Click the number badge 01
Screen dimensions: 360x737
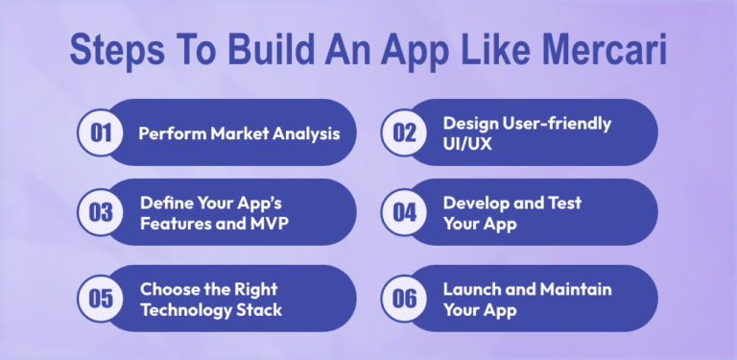coord(101,132)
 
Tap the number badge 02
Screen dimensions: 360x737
coord(404,132)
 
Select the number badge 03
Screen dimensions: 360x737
coord(101,212)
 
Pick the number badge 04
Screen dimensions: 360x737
coord(404,212)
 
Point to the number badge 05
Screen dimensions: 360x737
coord(101,299)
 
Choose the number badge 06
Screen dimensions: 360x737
coord(404,299)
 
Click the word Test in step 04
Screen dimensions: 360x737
coord(561,203)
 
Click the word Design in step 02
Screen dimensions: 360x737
coord(470,123)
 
